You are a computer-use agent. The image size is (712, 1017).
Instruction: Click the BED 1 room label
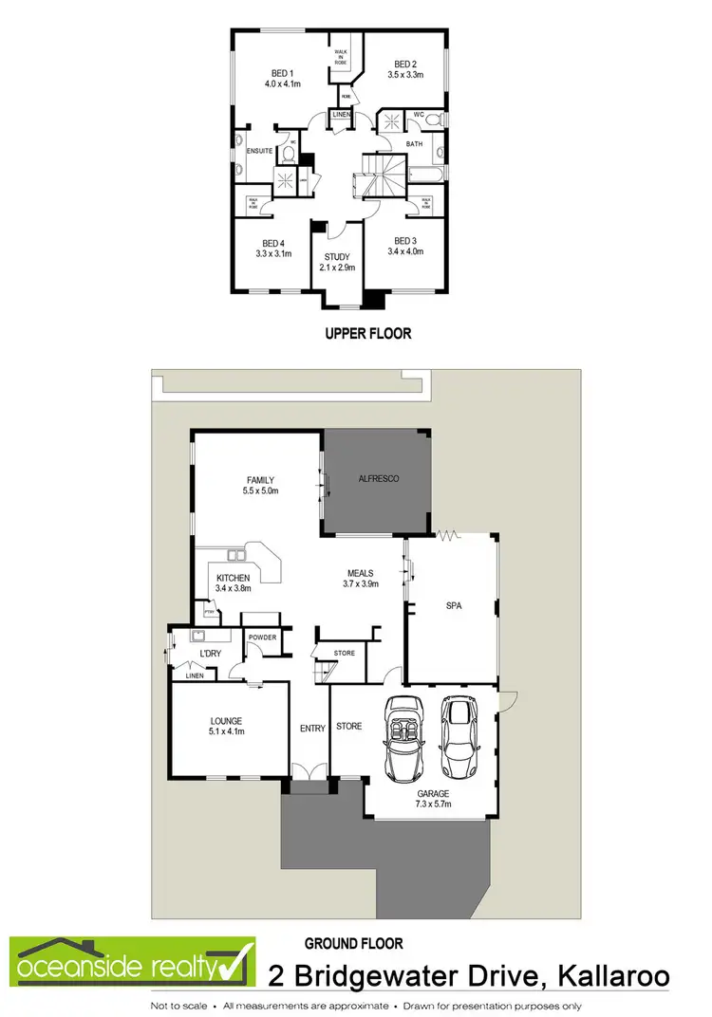pos(282,72)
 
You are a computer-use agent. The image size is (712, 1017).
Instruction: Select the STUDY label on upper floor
pos(337,257)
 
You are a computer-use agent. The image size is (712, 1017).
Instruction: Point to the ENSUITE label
pos(259,151)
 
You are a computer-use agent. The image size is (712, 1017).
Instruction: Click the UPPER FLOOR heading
pos(367,334)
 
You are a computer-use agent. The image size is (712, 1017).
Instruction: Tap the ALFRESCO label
pos(378,479)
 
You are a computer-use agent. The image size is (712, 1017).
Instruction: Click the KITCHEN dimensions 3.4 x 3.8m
pos(233,589)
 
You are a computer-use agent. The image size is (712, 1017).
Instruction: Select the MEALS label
pos(360,573)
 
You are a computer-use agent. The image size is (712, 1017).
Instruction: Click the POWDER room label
pos(263,637)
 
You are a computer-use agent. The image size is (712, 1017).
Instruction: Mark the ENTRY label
pos(311,727)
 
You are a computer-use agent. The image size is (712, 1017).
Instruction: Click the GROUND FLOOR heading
pos(353,944)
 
